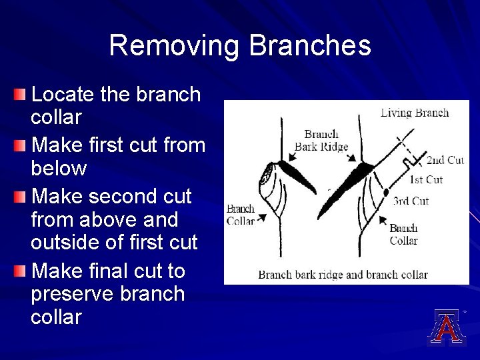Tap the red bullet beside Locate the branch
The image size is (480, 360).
pyautogui.click(x=21, y=93)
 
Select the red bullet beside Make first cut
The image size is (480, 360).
pyautogui.click(x=21, y=144)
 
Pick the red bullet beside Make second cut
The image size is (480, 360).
pyautogui.click(x=21, y=195)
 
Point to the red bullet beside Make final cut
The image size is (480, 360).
pyautogui.click(x=21, y=271)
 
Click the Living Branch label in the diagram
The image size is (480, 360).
pyautogui.click(x=414, y=113)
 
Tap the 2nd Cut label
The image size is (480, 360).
pyautogui.click(x=445, y=160)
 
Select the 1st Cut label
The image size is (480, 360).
pyautogui.click(x=425, y=179)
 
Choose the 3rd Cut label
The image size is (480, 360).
pyautogui.click(x=411, y=201)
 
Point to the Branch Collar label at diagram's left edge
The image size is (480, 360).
pyautogui.click(x=240, y=215)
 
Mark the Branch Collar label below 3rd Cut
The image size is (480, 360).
pyautogui.click(x=403, y=234)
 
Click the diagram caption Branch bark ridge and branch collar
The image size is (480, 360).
pyautogui.click(x=343, y=274)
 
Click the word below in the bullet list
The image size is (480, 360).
pyautogui.click(x=59, y=169)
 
